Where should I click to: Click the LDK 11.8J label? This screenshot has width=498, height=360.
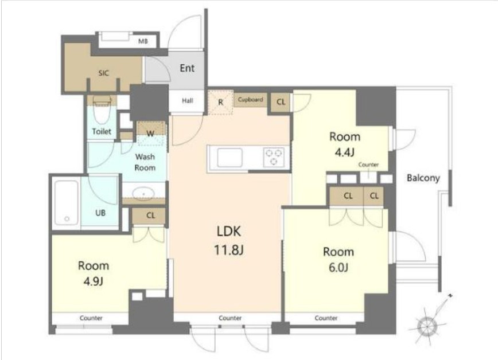point(229,241)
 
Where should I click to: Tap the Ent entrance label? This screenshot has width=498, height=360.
point(187,68)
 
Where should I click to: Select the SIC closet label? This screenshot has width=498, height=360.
point(103,73)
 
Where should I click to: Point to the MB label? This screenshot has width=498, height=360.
point(143,41)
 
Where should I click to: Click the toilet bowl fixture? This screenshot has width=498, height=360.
point(102,111)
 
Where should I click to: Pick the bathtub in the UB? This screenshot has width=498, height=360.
point(67,202)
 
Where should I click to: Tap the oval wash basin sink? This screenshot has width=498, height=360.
point(143,193)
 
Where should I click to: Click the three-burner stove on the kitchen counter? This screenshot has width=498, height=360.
point(274,158)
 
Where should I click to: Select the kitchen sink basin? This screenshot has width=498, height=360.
point(229,158)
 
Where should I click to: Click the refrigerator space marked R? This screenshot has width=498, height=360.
point(220,102)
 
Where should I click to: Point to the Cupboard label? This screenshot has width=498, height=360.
point(250,99)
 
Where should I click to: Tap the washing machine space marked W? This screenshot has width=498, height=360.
point(151,134)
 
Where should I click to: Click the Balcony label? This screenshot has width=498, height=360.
point(423,178)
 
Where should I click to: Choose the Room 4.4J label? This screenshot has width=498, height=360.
point(345,144)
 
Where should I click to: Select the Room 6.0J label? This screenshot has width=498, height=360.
point(339,260)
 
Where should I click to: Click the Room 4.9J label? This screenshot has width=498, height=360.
point(94,273)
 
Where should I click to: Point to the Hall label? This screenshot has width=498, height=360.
point(188,101)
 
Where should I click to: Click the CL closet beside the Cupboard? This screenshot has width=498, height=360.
point(281,102)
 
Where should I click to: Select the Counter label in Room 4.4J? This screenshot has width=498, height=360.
point(368,165)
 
